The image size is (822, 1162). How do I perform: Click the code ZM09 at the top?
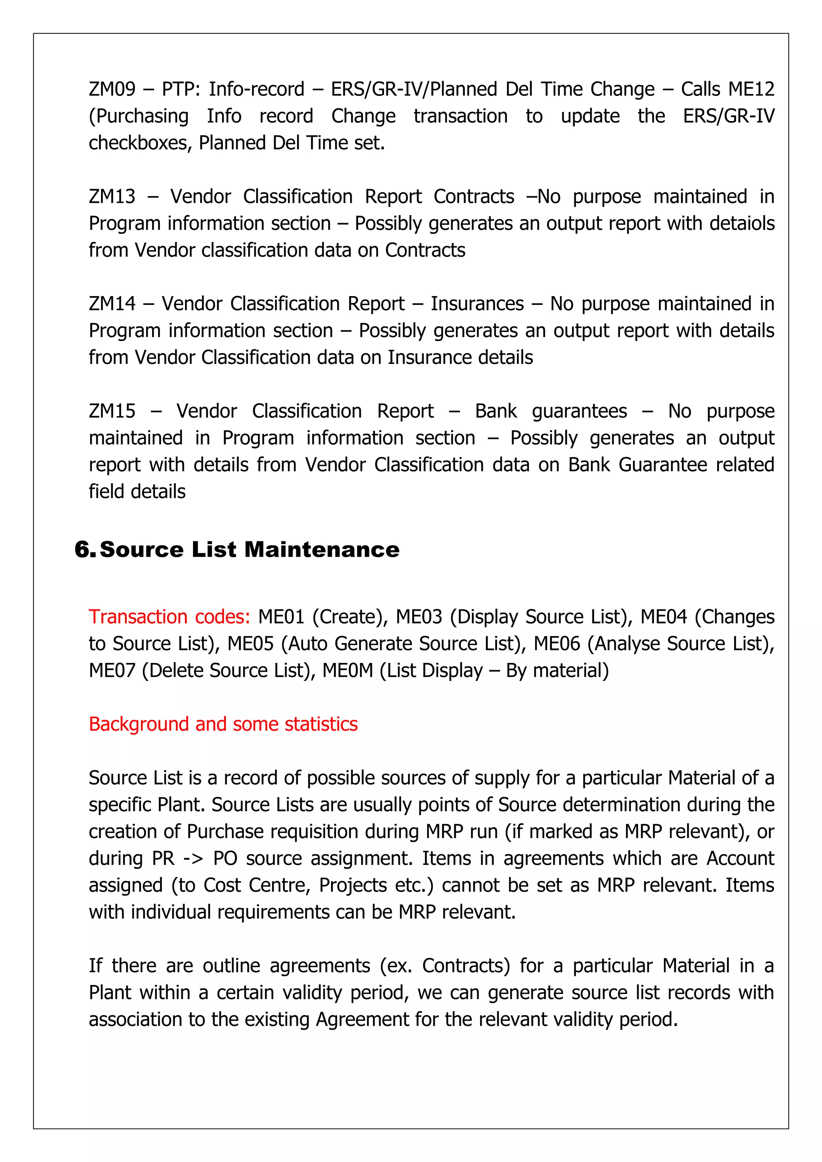click(112, 89)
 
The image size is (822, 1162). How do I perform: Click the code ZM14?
click(112, 304)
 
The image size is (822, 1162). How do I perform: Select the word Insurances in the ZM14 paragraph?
click(477, 304)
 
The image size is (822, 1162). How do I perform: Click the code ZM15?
click(112, 411)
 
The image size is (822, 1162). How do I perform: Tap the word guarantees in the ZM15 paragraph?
click(579, 411)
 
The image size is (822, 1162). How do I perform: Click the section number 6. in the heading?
click(85, 550)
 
